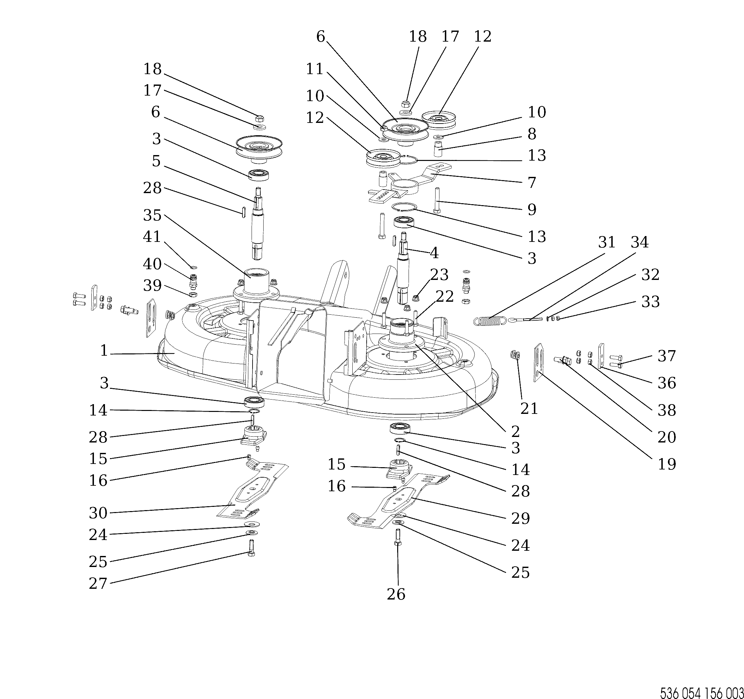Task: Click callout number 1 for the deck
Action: (x=104, y=351)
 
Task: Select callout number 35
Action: (x=152, y=216)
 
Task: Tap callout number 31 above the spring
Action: (x=607, y=243)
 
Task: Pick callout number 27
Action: (x=98, y=583)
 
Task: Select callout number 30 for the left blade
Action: (x=98, y=513)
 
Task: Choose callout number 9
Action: (x=532, y=210)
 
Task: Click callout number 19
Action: (x=667, y=464)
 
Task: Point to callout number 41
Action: (x=152, y=237)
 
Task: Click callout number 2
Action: (x=515, y=431)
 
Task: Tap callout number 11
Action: (x=314, y=69)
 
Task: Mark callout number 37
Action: (x=667, y=356)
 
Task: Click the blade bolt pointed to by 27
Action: (x=251, y=549)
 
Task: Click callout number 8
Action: (x=532, y=134)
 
